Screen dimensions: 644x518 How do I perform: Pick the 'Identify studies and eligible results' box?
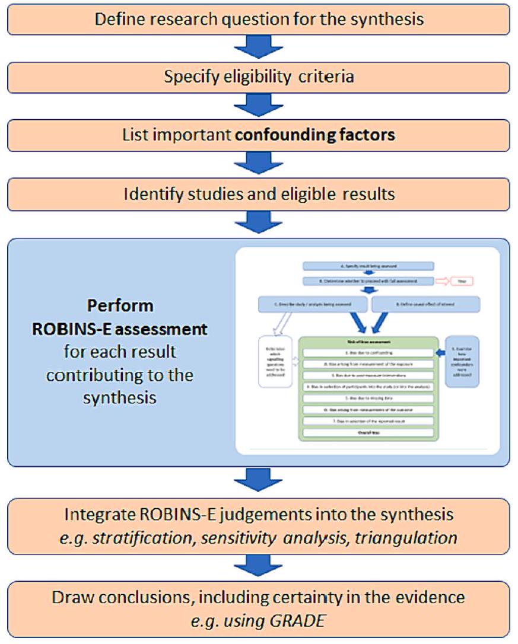pos(259,193)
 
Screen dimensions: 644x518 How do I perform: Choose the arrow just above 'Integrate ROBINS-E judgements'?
pos(259,482)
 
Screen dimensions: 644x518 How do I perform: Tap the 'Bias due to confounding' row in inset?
pos(371,352)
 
